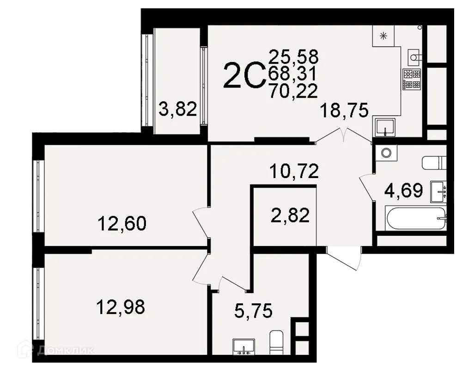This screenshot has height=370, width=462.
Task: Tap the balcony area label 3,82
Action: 178,110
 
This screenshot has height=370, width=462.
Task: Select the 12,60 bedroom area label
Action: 122,223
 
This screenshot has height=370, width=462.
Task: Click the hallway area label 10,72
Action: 294,172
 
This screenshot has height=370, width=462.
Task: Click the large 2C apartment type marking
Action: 243,76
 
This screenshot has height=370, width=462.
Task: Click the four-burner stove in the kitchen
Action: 412,79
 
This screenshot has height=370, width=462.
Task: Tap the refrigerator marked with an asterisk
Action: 383,35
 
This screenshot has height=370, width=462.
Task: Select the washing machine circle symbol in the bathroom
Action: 385,152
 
